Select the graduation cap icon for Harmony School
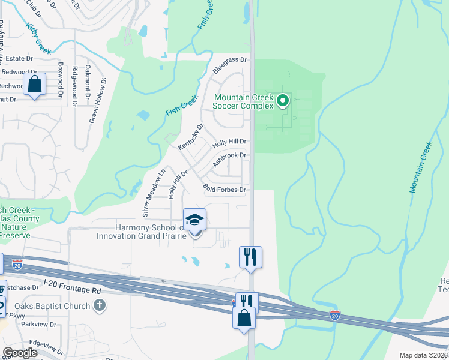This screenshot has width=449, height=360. pos(194,220)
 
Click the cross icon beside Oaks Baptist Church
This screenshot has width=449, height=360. pos(100,306)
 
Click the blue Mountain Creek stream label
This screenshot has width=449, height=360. pos(421,167)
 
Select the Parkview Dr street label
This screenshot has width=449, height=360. pos(38,325)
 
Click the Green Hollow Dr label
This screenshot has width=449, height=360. pos(98,101)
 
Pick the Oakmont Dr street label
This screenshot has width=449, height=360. pos(88,82)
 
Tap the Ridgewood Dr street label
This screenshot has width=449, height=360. pos(74,86)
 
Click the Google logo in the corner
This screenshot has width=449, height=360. pos(19,353)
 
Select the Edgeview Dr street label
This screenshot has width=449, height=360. pos(46,349)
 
